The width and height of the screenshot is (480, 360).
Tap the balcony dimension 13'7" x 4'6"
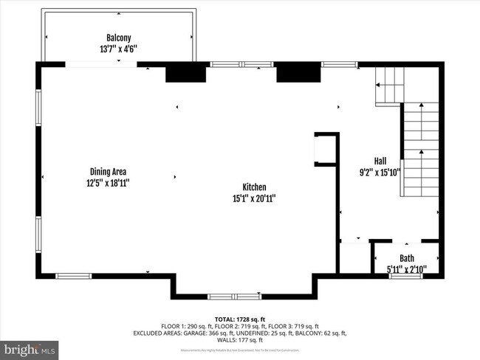point(119,49)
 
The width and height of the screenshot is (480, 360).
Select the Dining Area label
point(109,171)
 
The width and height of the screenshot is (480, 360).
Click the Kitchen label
point(254,187)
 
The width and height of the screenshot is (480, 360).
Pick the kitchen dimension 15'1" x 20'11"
point(254,198)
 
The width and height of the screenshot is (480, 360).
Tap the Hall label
point(380,161)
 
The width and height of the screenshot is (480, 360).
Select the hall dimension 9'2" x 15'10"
point(380,173)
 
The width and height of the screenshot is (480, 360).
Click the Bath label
point(407,258)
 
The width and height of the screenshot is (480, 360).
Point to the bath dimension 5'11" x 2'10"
point(407,269)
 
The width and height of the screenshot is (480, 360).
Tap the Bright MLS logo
point(30,347)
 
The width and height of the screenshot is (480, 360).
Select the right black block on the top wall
point(298,72)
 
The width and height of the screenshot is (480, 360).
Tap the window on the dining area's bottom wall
point(74,277)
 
